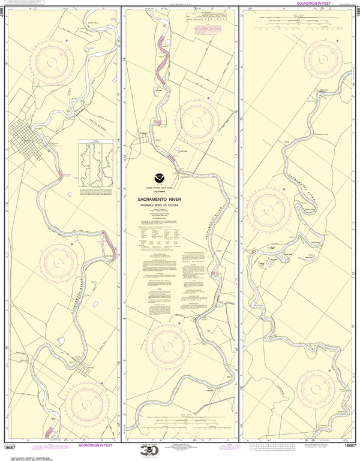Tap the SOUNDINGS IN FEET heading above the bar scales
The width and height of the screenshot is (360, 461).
pyautogui.click(x=315, y=3)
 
